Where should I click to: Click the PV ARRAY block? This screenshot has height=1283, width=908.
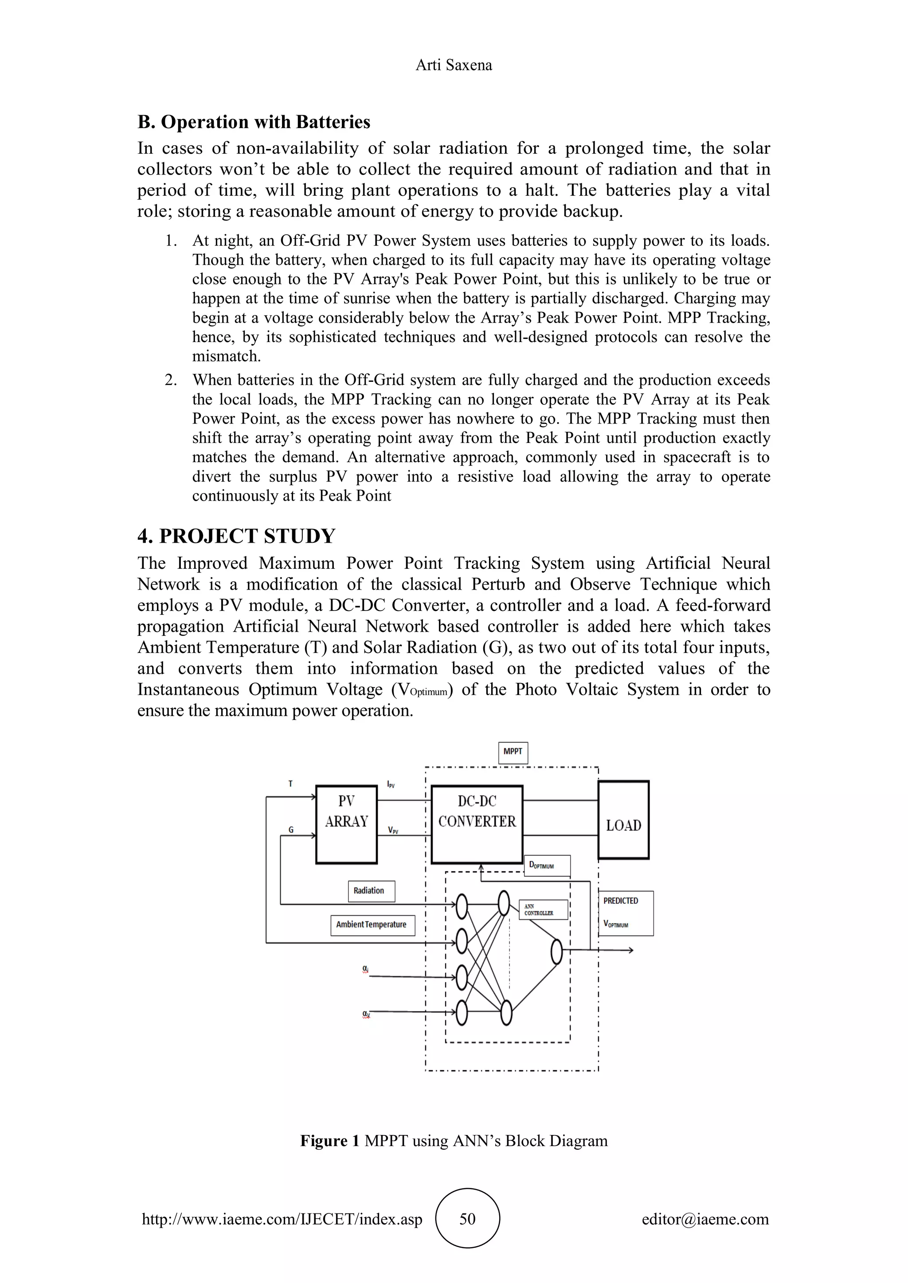click(346, 824)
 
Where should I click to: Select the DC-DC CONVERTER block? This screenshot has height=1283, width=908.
click(477, 824)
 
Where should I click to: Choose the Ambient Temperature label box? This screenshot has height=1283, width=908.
click(372, 925)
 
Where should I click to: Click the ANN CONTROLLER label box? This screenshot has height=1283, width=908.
click(543, 910)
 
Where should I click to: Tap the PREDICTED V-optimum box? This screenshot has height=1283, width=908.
click(626, 913)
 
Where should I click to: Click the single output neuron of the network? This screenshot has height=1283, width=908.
click(556, 952)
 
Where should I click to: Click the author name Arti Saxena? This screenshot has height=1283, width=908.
click(454, 66)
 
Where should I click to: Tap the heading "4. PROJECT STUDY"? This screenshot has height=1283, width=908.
click(236, 536)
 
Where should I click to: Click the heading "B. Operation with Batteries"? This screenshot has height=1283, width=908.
click(254, 122)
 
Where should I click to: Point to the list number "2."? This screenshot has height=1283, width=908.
click(171, 380)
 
